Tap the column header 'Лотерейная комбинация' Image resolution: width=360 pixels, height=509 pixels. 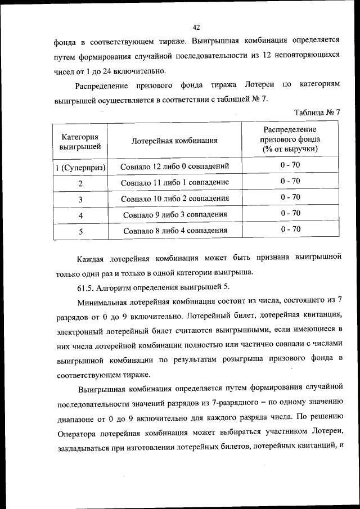click(x=174, y=141)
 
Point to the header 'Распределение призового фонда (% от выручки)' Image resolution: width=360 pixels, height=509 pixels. click(x=290, y=139)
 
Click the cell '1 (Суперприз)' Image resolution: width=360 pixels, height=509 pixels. click(x=80, y=167)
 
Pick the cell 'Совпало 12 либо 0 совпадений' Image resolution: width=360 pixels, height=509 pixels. click(x=175, y=166)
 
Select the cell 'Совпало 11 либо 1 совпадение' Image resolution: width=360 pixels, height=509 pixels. click(x=175, y=182)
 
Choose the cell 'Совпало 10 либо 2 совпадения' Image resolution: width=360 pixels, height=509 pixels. click(x=175, y=198)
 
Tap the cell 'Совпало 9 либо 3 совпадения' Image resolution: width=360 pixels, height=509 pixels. click(x=175, y=214)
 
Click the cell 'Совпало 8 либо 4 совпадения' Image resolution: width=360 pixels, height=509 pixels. click(x=175, y=230)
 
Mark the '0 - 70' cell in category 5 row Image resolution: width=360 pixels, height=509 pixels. click(x=290, y=229)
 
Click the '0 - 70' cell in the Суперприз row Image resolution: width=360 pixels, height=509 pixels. click(x=290, y=165)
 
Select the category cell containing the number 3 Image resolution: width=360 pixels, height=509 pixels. click(x=80, y=199)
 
